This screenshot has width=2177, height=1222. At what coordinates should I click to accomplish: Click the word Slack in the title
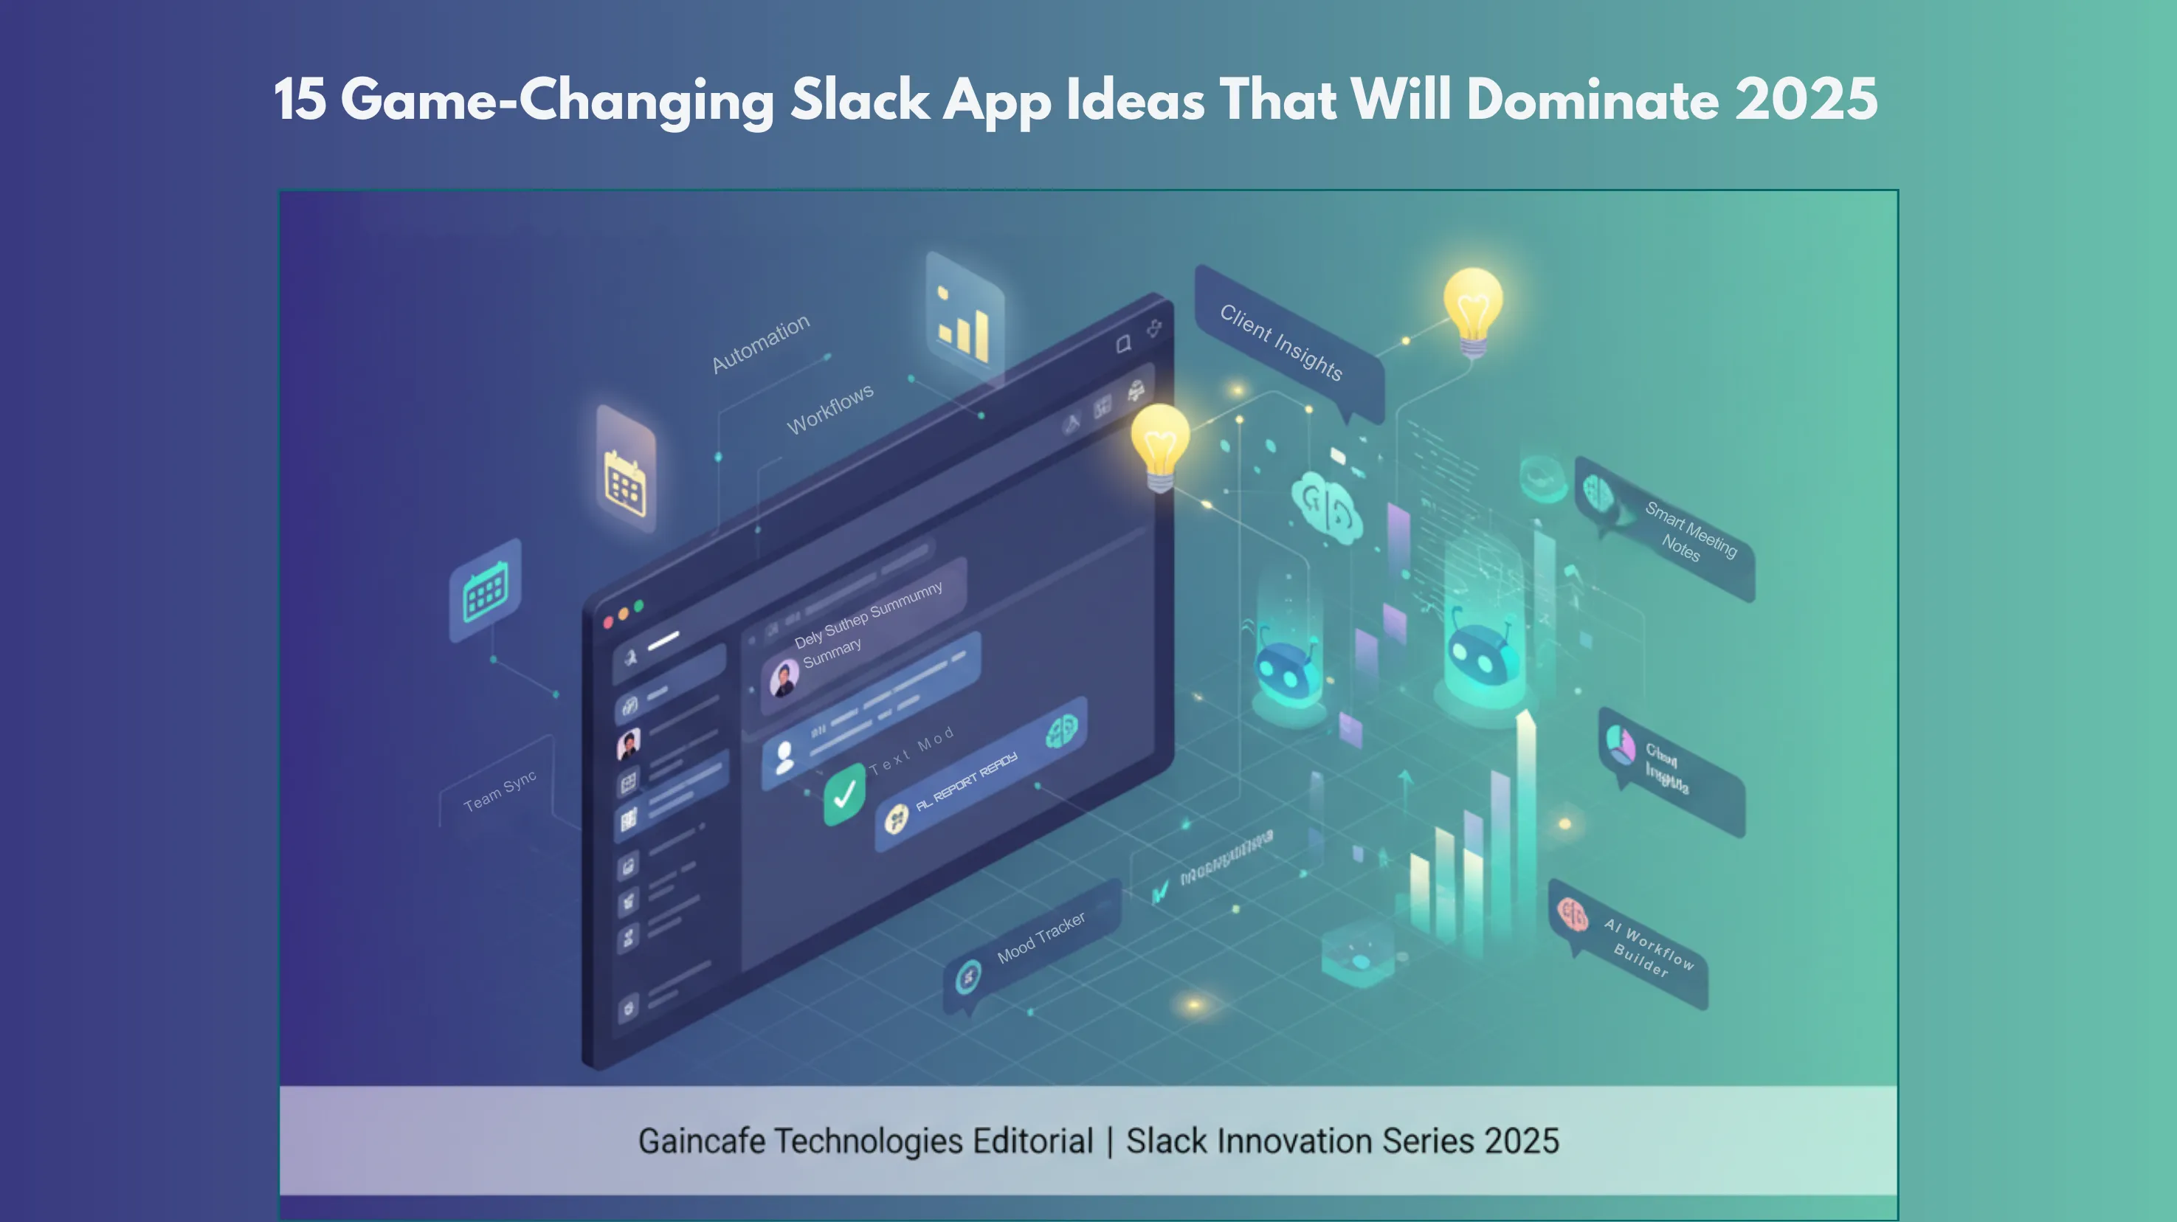pos(860,100)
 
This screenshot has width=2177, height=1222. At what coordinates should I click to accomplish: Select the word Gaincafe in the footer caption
pos(703,1141)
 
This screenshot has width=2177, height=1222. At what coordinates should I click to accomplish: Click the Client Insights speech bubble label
pos(1281,342)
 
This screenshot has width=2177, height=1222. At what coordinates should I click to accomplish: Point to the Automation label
pos(761,343)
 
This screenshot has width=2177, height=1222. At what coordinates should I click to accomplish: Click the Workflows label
pos(830,409)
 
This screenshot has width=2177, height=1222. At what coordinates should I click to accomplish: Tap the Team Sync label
pos(500,791)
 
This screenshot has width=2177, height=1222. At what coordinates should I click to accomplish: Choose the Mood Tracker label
pos(1041,938)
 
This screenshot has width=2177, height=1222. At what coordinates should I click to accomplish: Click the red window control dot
pos(607,623)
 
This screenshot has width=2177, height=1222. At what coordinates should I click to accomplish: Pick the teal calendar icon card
pos(485,590)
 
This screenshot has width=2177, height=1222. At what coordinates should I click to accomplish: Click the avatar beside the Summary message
pos(784,677)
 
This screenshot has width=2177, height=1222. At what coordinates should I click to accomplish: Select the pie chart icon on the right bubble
pos(1619,745)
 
